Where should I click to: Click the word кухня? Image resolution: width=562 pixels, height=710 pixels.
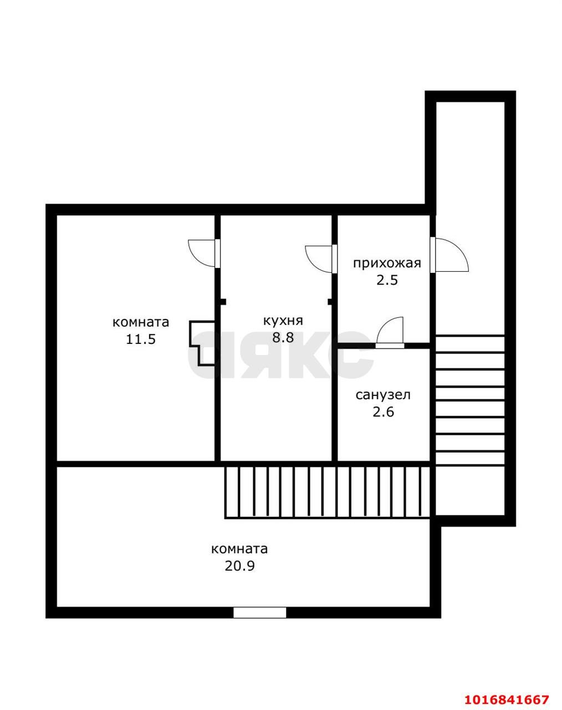pos(283,321)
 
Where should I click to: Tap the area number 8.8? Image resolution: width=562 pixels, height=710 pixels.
pos(283,338)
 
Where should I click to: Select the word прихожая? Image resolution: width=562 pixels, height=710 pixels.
pos(387,264)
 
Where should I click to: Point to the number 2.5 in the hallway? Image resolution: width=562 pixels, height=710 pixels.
pos(387,281)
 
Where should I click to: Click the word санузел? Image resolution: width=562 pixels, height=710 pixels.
pos(383,395)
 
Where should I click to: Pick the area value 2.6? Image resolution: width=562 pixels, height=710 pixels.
pos(384,412)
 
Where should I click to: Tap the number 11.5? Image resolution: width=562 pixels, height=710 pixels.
pos(141,339)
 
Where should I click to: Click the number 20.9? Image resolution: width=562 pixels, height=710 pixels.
pos(239,566)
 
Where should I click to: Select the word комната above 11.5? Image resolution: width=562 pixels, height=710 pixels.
pos(141,322)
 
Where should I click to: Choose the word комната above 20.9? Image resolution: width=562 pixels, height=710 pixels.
pos(239,549)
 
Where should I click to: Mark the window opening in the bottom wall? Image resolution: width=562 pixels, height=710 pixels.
pos(260,612)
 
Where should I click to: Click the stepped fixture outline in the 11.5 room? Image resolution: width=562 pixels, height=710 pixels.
pos(202,343)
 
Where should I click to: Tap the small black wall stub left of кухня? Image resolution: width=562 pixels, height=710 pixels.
pos(223,302)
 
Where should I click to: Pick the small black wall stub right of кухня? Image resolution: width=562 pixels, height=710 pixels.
pos(330,302)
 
